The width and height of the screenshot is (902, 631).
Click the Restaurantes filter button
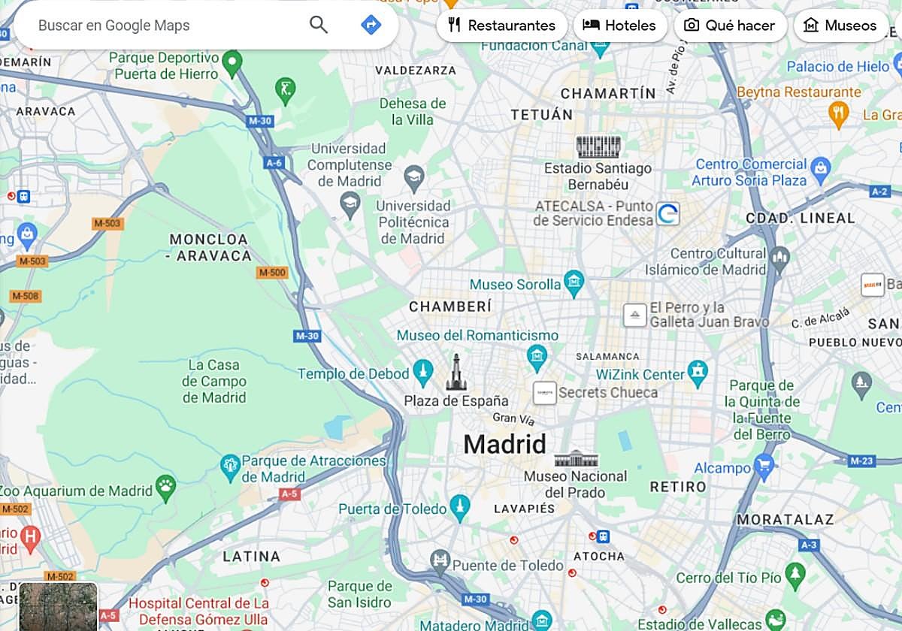click(501, 26)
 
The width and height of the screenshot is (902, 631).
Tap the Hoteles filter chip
click(620, 26)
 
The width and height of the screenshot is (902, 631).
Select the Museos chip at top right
click(840, 26)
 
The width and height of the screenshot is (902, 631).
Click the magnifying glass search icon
click(319, 25)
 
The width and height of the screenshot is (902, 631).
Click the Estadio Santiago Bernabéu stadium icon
click(598, 146)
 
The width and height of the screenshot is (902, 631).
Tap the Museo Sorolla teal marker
click(574, 282)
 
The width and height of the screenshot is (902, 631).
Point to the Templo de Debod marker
click(422, 372)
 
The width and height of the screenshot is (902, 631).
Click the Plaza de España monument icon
click(456, 374)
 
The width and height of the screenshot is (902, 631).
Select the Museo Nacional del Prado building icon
click(576, 458)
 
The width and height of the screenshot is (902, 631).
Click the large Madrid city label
click(504, 444)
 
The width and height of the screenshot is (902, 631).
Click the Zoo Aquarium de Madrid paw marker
click(165, 489)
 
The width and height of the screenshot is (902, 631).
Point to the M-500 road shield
click(272, 273)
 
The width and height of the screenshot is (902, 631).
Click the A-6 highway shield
click(274, 162)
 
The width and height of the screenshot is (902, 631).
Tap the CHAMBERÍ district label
click(449, 306)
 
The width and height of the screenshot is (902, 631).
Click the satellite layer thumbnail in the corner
click(58, 607)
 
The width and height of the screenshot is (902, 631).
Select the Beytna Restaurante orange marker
click(838, 114)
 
